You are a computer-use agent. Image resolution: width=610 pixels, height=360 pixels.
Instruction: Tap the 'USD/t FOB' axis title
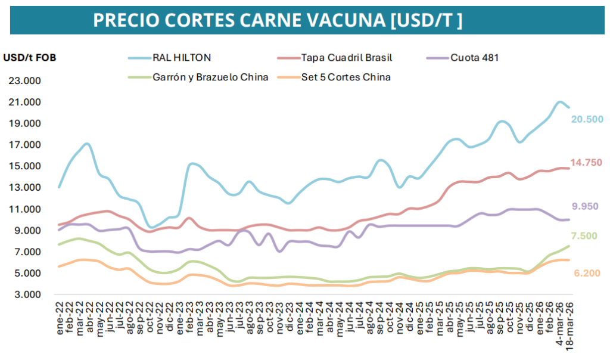pyautogui.click(x=30, y=58)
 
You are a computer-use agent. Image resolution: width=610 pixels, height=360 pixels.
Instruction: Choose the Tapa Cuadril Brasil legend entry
pyautogui.click(x=347, y=58)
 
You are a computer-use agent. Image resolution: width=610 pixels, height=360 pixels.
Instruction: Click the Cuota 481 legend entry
pyautogui.click(x=474, y=58)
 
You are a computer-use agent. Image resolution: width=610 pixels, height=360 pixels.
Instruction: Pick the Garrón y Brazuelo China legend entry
pyautogui.click(x=210, y=77)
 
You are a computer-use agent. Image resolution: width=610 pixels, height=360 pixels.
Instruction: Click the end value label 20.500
pyautogui.click(x=587, y=119)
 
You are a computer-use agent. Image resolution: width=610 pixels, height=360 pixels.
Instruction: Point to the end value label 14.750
pyautogui.click(x=587, y=163)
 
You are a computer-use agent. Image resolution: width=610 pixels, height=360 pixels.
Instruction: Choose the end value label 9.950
pyautogui.click(x=585, y=206)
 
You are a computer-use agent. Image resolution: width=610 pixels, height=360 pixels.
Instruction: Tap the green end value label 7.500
pyautogui.click(x=585, y=236)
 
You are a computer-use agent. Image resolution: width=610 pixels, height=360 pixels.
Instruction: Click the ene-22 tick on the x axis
pyautogui.click(x=60, y=317)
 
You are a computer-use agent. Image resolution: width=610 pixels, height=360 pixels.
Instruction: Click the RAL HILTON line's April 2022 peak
pyautogui.click(x=88, y=144)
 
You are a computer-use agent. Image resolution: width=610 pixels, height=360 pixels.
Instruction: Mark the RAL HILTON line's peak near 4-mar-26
pyautogui.click(x=559, y=102)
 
